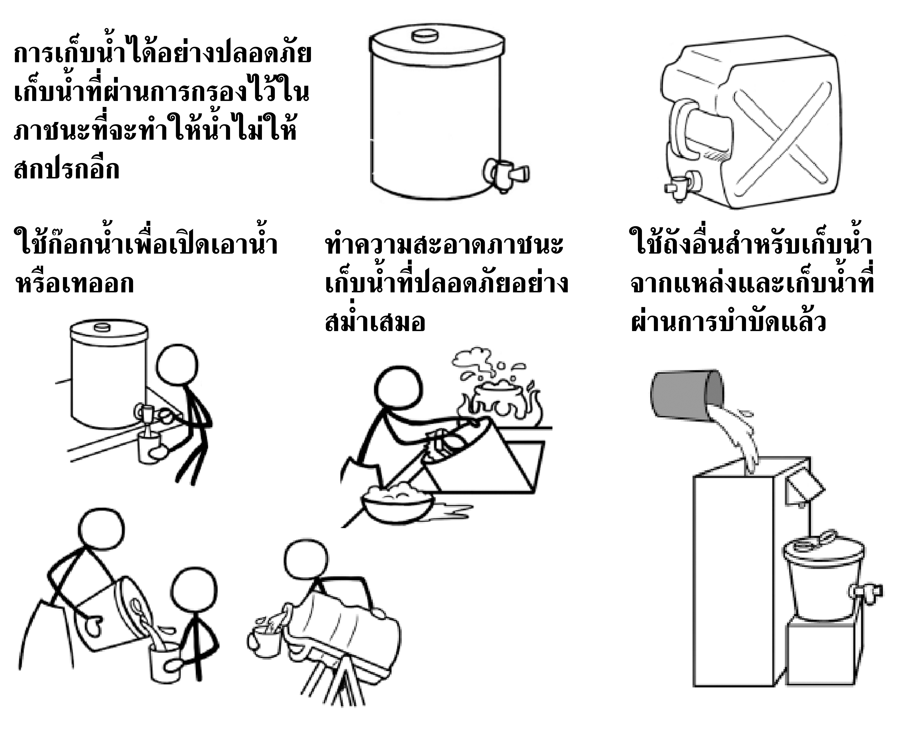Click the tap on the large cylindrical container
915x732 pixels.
[x=507, y=172]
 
